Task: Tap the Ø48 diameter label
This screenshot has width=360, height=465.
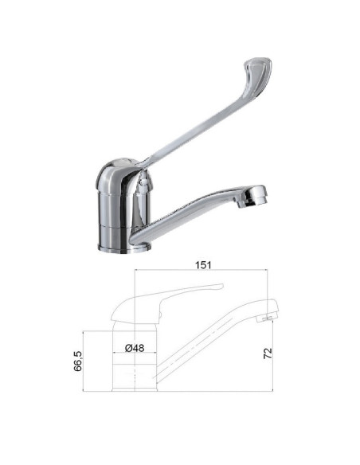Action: [134, 347]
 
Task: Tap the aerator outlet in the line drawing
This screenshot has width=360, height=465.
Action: [265, 318]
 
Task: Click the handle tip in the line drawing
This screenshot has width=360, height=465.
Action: [217, 287]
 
